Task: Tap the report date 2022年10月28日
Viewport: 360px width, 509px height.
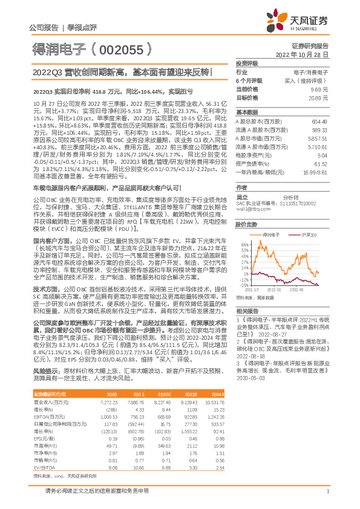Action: tap(307, 54)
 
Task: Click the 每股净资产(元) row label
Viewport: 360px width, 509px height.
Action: tap(255, 155)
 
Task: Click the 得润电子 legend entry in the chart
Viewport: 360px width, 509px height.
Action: tap(270, 234)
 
